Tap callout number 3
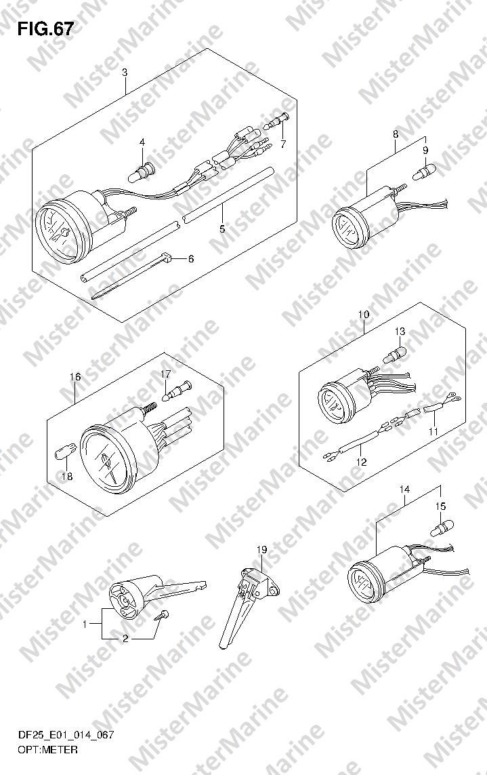tap(125, 73)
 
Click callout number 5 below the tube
tap(222, 229)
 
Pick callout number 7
tap(283, 144)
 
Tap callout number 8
tap(395, 134)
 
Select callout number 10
tap(364, 315)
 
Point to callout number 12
tap(361, 462)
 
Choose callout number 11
tap(433, 431)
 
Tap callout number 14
tap(404, 489)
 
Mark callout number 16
tap(75, 376)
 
